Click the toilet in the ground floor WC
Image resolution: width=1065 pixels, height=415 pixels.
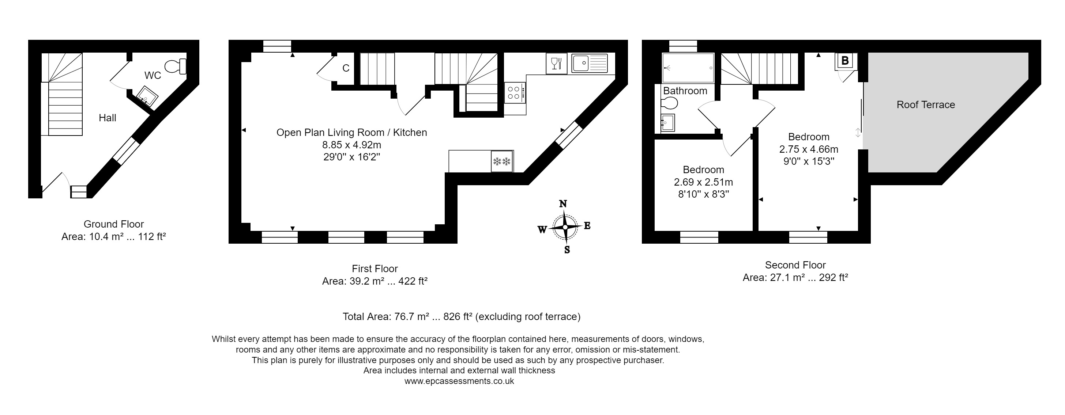(176, 66)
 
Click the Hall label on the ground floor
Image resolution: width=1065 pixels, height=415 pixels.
(108, 118)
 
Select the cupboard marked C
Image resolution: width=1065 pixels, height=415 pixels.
(346, 68)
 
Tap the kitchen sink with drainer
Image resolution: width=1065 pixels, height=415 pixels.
(589, 63)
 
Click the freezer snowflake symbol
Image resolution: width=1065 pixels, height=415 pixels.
(502, 161)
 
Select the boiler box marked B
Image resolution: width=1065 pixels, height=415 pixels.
(845, 61)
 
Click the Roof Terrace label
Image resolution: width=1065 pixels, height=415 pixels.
(925, 105)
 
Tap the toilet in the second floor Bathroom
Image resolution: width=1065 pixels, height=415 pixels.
(669, 102)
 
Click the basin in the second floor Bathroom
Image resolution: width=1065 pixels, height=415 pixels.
(667, 123)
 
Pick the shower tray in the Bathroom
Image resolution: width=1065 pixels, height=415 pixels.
(688, 68)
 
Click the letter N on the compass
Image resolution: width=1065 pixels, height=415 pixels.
(563, 203)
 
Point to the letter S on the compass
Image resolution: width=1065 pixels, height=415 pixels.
(567, 250)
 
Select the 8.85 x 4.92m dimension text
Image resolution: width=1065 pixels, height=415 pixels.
(351, 145)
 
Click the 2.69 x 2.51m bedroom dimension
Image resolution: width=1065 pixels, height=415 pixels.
(703, 182)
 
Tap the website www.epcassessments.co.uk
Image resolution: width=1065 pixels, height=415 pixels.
(459, 381)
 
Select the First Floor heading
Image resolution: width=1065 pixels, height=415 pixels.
(375, 269)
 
